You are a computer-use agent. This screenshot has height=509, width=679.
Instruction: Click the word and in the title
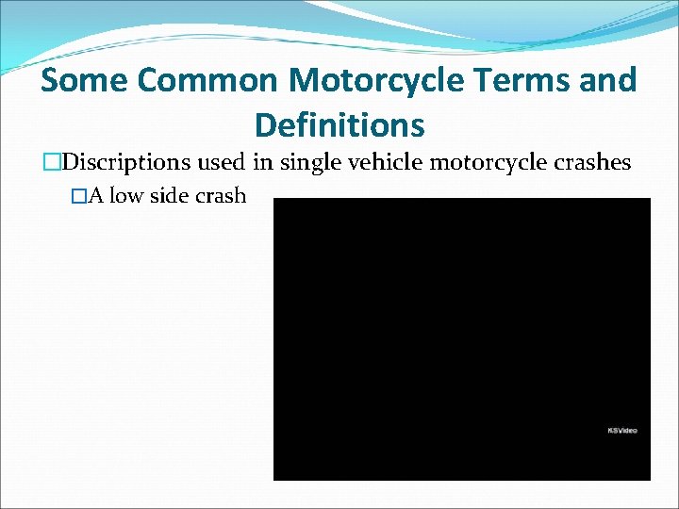click(x=609, y=81)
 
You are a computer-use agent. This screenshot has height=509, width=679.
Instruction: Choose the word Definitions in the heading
click(x=339, y=124)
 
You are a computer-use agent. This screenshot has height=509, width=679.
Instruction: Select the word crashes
click(x=591, y=163)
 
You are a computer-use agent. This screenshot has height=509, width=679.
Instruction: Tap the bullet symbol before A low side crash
click(x=79, y=196)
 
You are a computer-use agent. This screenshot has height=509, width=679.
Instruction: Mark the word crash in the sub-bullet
click(x=221, y=196)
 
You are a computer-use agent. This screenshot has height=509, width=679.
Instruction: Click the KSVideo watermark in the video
click(x=622, y=431)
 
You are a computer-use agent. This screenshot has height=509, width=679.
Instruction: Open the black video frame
click(x=461, y=339)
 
